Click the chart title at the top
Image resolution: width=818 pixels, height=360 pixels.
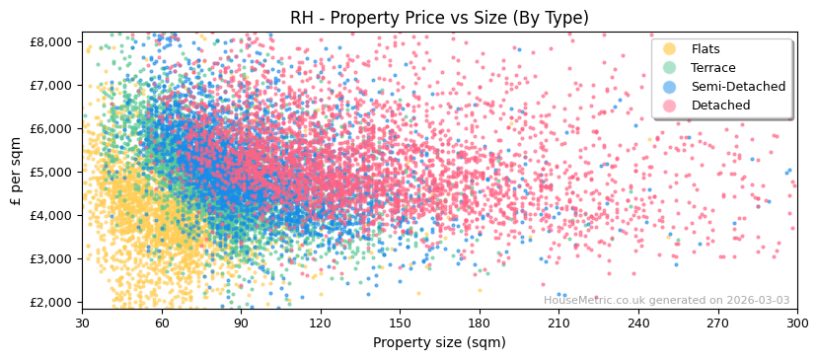439,18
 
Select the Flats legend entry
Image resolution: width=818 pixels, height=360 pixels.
705,49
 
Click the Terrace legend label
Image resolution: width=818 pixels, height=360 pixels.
712,68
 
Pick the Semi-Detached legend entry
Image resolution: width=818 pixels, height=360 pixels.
738,87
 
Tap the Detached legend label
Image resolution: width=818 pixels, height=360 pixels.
720,106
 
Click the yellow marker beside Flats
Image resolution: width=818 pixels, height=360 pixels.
669,49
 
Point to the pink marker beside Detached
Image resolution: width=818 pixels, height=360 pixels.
669,106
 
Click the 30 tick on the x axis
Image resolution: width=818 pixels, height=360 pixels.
82,323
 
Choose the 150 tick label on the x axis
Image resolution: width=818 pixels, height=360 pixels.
400,323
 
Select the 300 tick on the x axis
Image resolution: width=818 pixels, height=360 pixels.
796,323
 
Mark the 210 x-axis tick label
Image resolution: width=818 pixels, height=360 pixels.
558,323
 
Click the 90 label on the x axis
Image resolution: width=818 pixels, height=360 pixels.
241,323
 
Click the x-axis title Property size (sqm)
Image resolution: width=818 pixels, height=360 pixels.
439,342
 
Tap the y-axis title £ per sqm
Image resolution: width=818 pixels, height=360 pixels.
17,172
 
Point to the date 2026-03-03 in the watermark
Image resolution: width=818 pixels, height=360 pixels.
757,301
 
